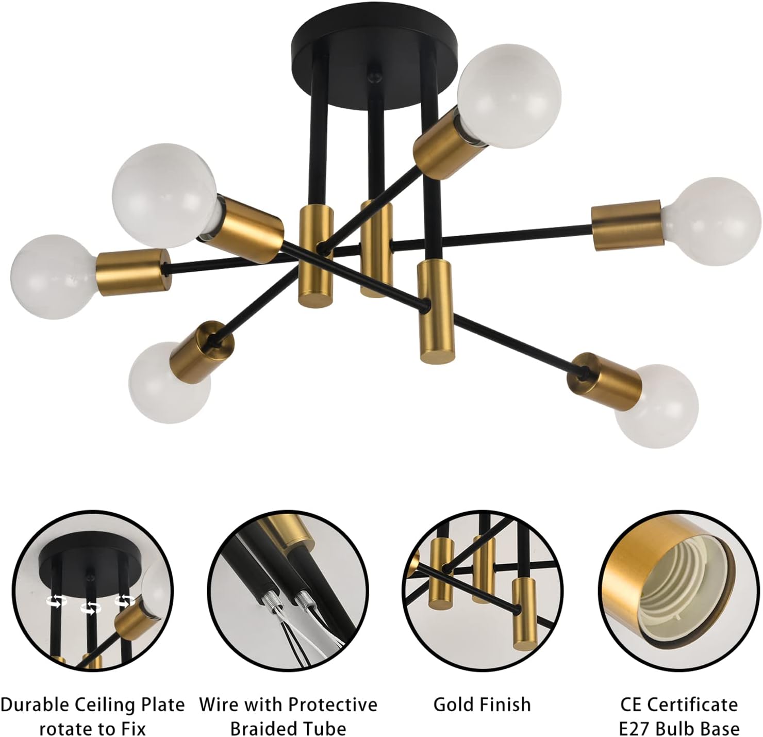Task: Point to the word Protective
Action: (333, 704)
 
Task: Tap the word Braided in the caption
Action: (260, 728)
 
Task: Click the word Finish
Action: (505, 704)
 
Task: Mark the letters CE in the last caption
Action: (632, 704)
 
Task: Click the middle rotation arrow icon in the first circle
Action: (90, 609)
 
